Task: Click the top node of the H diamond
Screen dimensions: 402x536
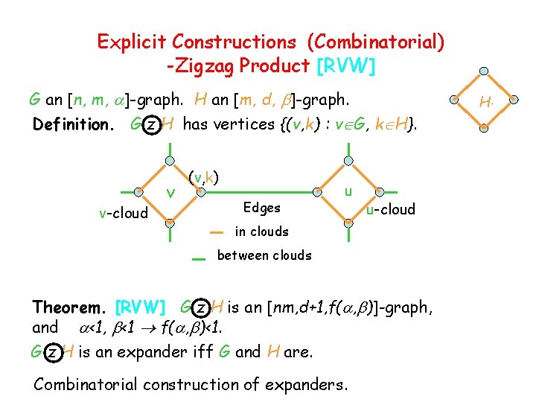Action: point(484,71)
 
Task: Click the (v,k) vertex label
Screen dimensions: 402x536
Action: point(202,177)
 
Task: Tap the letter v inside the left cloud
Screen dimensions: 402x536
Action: point(170,194)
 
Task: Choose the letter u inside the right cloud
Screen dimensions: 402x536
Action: point(347,191)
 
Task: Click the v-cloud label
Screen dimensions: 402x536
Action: point(123,213)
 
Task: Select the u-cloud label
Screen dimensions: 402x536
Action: point(391,209)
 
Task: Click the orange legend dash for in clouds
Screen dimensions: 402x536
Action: point(216,232)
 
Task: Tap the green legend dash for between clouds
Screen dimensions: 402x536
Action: point(197,258)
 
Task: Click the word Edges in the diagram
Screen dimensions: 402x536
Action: point(262,208)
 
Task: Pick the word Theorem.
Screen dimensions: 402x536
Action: point(71,307)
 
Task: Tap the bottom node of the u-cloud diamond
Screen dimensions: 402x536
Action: point(348,222)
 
